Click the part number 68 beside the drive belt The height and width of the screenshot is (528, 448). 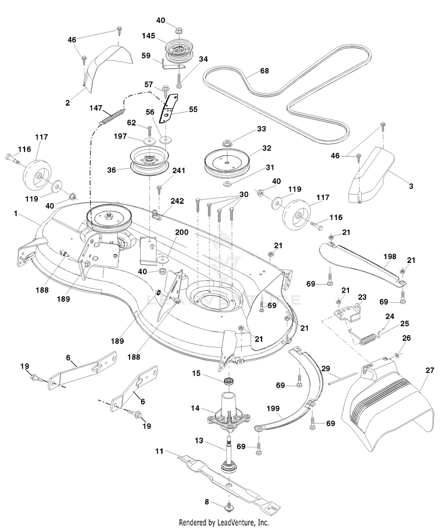click(x=264, y=70)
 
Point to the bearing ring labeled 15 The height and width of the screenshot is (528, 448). click(x=228, y=381)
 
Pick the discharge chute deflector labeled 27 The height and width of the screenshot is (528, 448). click(x=388, y=406)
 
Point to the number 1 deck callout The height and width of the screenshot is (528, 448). click(x=17, y=212)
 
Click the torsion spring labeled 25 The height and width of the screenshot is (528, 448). click(x=368, y=339)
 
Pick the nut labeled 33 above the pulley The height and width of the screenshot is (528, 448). click(x=228, y=143)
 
